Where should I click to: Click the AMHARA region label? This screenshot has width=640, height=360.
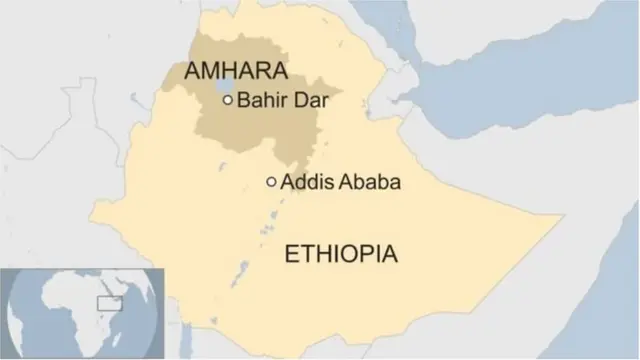click(x=237, y=71)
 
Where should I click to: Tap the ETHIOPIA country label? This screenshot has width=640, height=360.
click(x=341, y=254)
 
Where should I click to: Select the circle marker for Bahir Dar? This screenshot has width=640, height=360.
click(x=228, y=100)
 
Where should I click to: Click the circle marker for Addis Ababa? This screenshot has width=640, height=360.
click(x=271, y=182)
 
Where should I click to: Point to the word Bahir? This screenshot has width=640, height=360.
click(x=255, y=100)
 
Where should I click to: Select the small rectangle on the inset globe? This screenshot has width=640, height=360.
click(x=107, y=301)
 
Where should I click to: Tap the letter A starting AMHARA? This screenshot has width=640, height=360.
click(x=194, y=71)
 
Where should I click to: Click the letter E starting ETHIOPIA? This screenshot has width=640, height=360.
click(x=292, y=254)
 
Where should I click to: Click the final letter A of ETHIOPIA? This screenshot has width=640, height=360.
click(x=389, y=254)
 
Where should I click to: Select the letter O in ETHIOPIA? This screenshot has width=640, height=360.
click(x=350, y=254)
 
